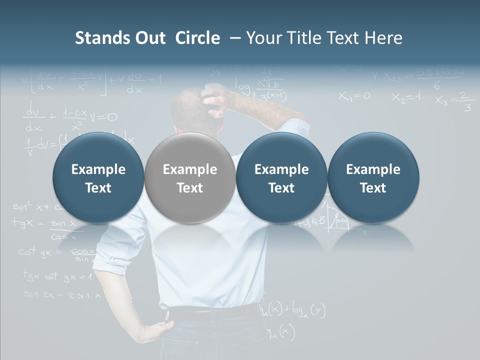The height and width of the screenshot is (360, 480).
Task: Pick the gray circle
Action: coord(190,178)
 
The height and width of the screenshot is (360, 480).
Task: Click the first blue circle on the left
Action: coord(98,178)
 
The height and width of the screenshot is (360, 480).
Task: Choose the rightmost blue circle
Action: coord(373,178)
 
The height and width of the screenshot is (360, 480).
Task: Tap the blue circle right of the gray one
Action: coord(281,178)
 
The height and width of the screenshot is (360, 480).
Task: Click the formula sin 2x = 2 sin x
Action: coord(62,295)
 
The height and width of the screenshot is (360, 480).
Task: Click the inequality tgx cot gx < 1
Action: coord(57,275)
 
